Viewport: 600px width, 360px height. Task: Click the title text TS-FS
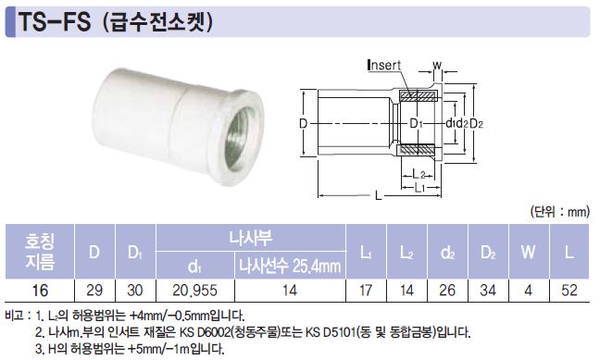(x=55, y=22)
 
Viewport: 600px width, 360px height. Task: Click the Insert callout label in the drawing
(x=384, y=65)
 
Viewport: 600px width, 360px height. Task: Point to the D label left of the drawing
(x=303, y=124)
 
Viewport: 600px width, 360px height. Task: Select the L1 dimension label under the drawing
(x=420, y=188)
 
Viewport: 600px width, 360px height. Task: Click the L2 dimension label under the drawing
(x=419, y=175)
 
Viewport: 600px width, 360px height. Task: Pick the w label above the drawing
(x=437, y=65)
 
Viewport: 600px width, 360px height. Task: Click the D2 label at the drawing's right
(x=477, y=124)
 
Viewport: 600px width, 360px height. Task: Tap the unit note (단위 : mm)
(x=560, y=212)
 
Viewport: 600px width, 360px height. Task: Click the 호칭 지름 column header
(x=40, y=252)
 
